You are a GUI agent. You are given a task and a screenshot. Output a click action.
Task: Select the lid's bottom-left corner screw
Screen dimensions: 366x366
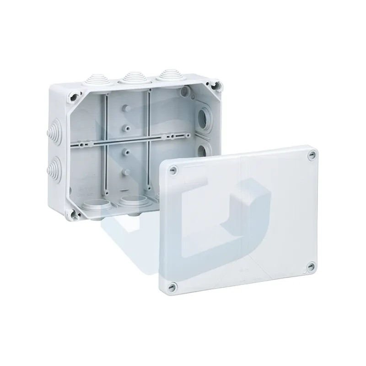(173, 287)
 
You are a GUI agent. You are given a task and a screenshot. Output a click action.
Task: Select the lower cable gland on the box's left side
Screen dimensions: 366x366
(53, 166)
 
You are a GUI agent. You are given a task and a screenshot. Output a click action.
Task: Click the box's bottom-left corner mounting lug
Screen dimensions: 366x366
(70, 213)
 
